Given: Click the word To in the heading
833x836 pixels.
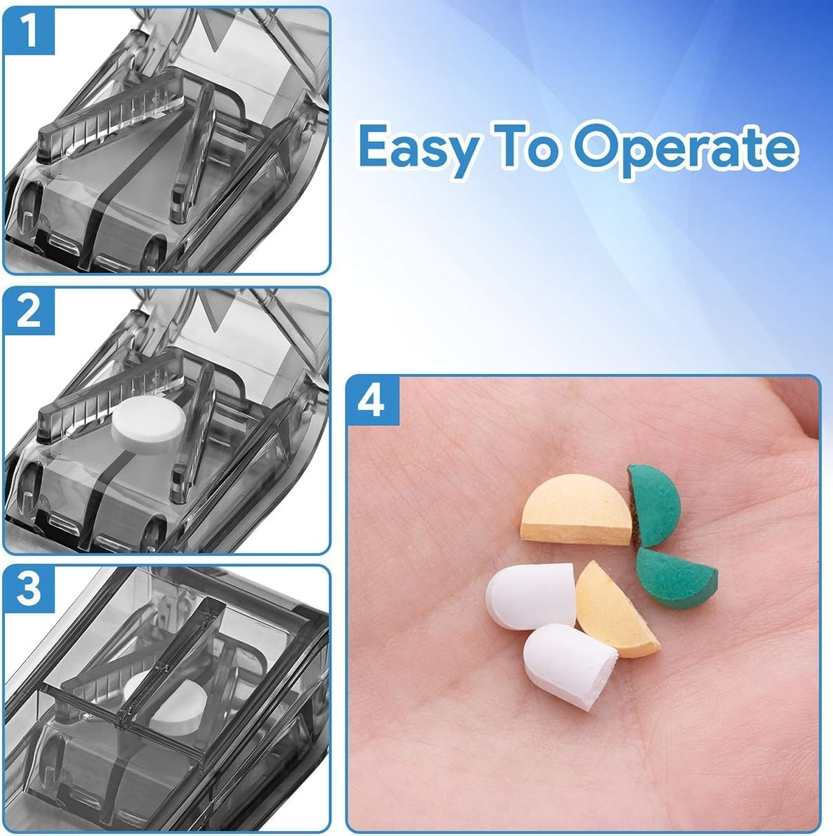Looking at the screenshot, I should pos(522,146).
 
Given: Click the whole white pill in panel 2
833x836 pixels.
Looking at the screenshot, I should pos(149,423).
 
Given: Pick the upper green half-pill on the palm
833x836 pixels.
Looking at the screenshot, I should pos(655,503).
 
